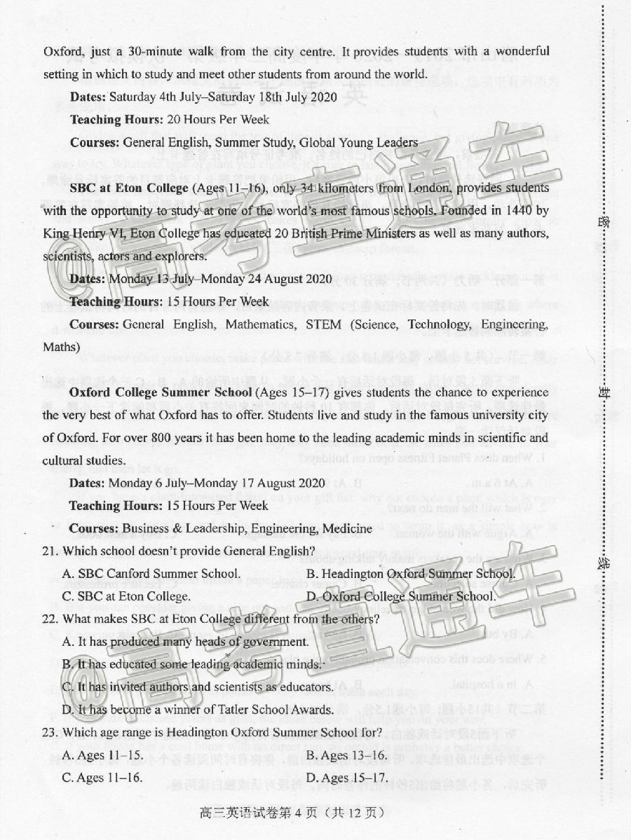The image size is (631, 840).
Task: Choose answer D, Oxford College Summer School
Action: coord(400,596)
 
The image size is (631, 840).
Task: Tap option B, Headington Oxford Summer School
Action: coord(409,574)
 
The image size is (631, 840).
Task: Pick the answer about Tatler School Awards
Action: coord(196,710)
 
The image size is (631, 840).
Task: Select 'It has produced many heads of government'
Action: coord(185,642)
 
